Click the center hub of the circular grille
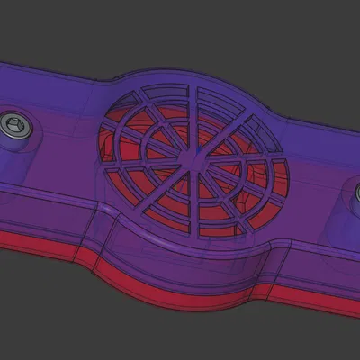pyautogui.click(x=188, y=157)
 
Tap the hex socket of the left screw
pyautogui.click(x=14, y=125)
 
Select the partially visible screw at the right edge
pyautogui.click(x=355, y=192)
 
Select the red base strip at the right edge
pyautogui.click(x=333, y=306)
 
